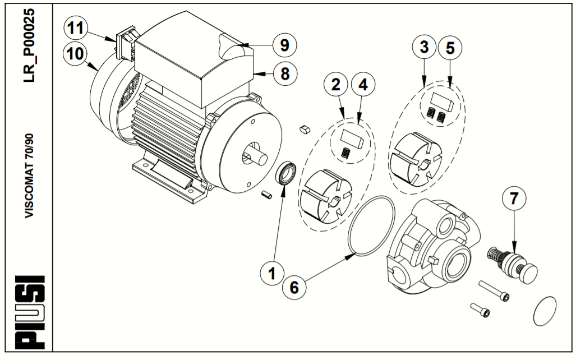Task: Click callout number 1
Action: [273, 274]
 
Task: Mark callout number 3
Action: [423, 48]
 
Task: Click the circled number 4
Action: [362, 85]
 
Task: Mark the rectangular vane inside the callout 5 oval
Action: [443, 101]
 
